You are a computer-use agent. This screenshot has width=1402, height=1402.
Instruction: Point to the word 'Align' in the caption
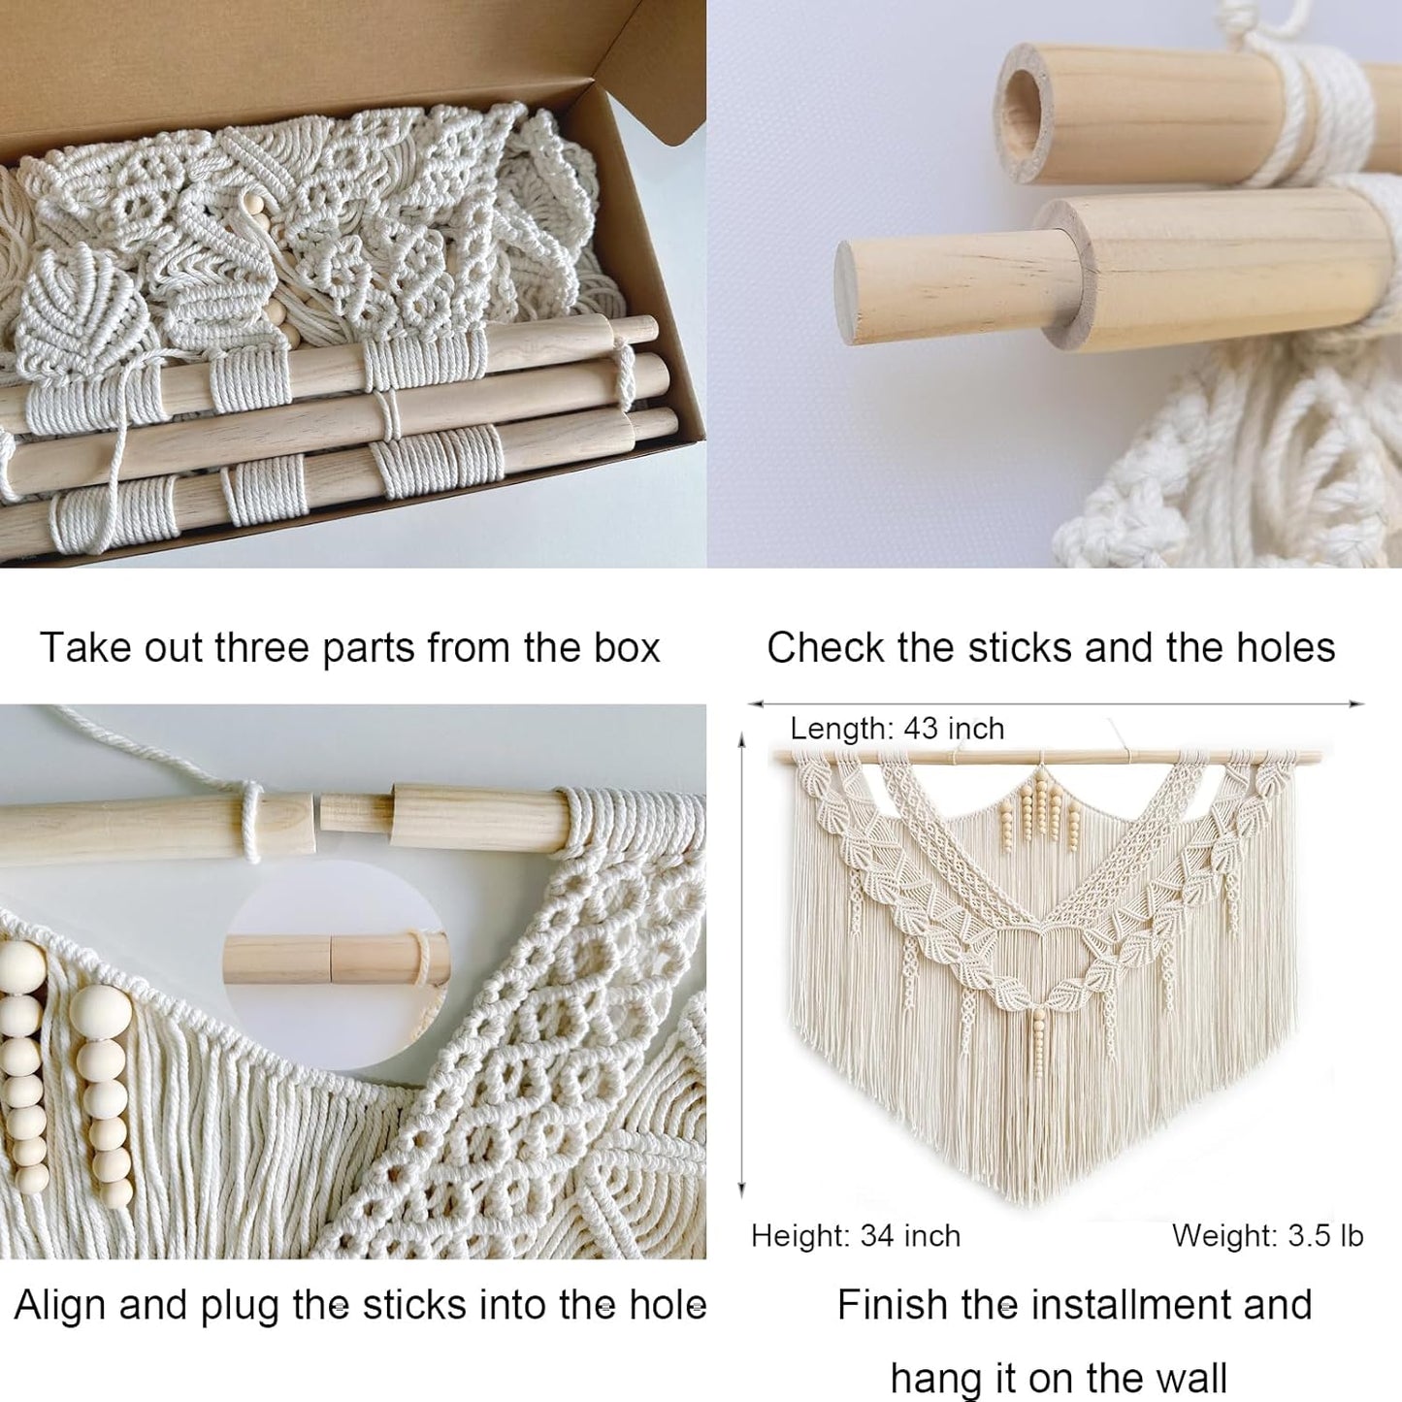[x=60, y=1305]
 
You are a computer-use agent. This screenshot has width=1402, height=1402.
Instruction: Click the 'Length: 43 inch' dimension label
[x=897, y=729]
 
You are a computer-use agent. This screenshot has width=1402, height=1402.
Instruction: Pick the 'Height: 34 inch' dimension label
[x=855, y=1236]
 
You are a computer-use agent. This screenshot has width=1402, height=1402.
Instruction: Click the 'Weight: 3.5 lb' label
[x=1267, y=1236]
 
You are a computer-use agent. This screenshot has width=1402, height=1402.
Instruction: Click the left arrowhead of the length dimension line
[x=753, y=703]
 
